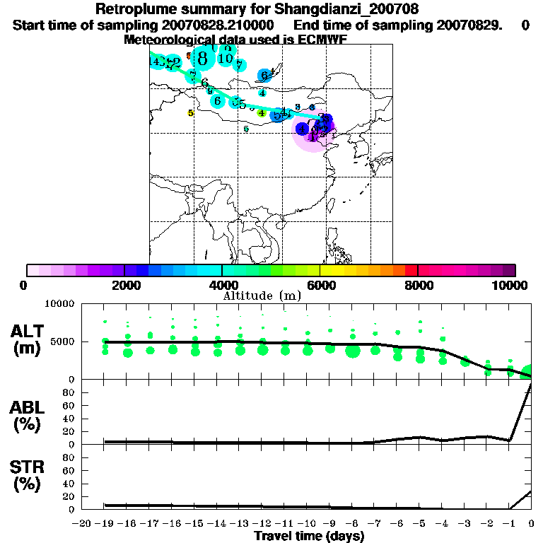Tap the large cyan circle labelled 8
click(x=203, y=58)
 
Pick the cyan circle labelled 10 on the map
click(x=226, y=58)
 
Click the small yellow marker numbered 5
click(x=190, y=113)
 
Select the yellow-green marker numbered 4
click(x=262, y=113)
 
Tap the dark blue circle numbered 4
click(x=302, y=129)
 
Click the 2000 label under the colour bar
click(x=124, y=285)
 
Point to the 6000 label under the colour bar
click(x=320, y=285)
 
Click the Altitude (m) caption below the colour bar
click(x=262, y=296)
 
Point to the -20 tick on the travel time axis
click(x=83, y=523)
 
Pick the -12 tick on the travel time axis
click(x=262, y=523)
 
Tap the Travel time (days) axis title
click(x=309, y=536)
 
